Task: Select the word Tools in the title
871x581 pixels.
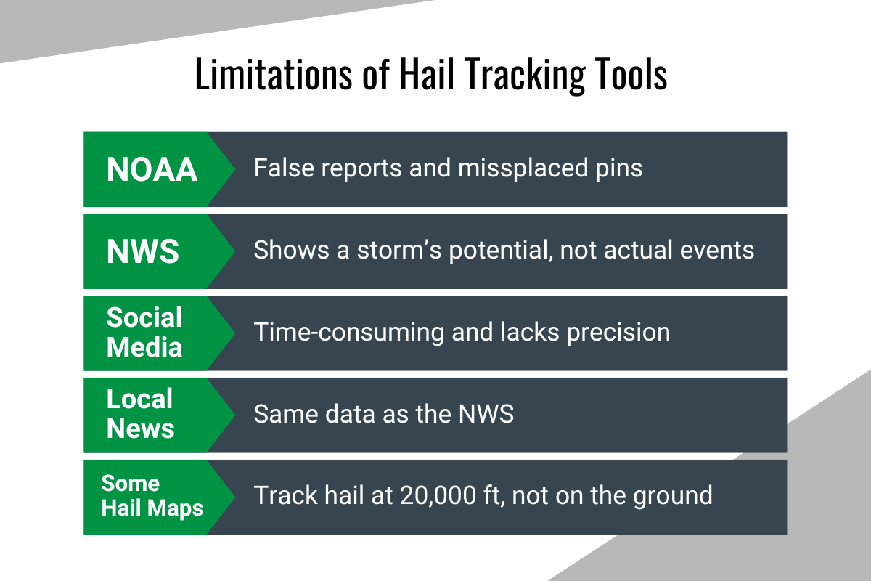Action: tap(629, 76)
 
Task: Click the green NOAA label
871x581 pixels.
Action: tap(152, 169)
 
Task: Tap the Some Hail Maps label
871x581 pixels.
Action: tap(152, 496)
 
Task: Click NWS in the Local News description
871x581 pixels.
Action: tap(486, 415)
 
